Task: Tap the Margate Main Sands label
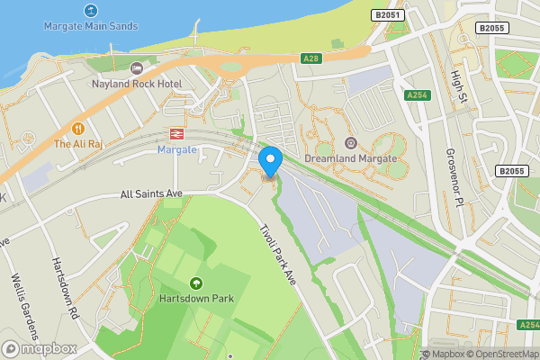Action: click(91, 26)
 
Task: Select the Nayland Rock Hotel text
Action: click(137, 84)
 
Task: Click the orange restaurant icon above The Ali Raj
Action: click(78, 128)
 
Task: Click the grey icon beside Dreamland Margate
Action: click(351, 142)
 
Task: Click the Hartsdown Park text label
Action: click(196, 299)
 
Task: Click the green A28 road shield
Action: click(311, 58)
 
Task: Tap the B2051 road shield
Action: click(388, 15)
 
